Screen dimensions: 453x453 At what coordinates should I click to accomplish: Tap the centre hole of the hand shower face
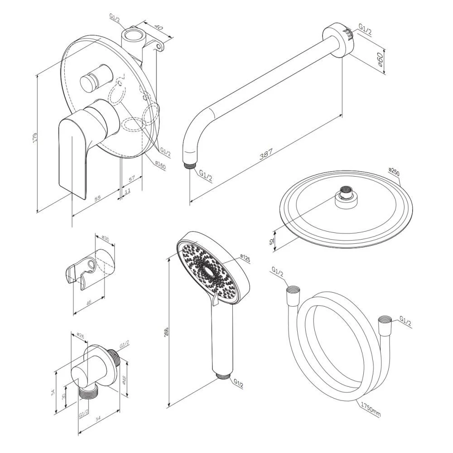pyautogui.click(x=209, y=273)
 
